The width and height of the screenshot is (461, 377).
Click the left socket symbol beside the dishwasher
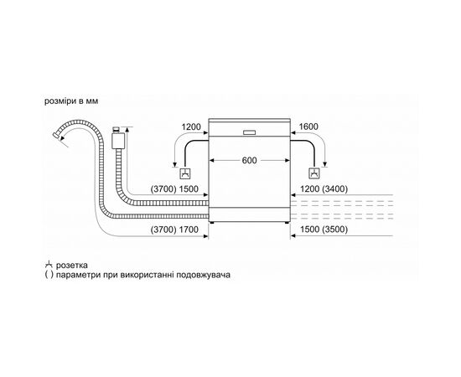(x=188, y=175)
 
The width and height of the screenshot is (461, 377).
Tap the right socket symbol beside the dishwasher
(x=314, y=175)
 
